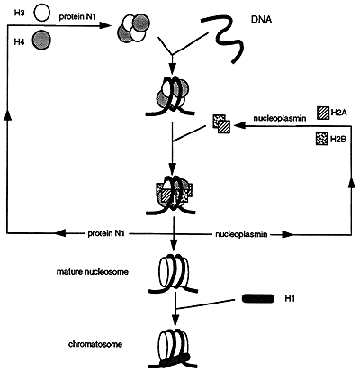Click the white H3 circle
click(x=42, y=14)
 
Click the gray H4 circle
click(x=41, y=40)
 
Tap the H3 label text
click(x=19, y=14)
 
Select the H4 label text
click(x=19, y=42)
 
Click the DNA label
click(x=261, y=20)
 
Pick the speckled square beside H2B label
click(x=322, y=139)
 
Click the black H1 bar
click(x=258, y=298)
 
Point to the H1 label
click(x=290, y=298)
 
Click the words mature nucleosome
click(x=93, y=272)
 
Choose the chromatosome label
click(x=95, y=344)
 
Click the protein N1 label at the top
click(x=77, y=17)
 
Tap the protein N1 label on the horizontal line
click(x=106, y=233)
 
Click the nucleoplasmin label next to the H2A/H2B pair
click(x=280, y=118)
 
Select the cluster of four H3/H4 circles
click(x=133, y=28)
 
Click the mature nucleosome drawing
click(x=173, y=273)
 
